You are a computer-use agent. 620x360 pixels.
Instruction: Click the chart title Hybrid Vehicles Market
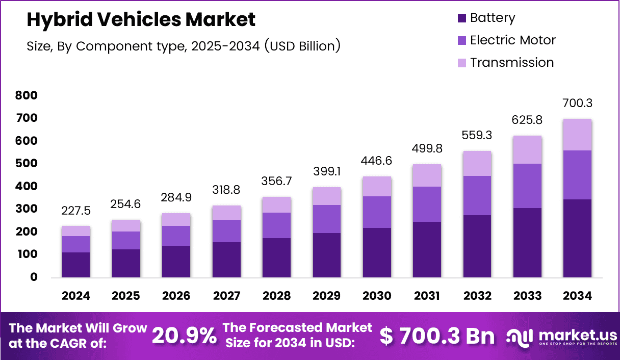(x=141, y=19)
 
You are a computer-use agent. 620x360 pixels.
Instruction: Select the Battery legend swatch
(x=462, y=18)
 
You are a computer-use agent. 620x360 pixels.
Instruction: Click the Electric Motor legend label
(x=512, y=40)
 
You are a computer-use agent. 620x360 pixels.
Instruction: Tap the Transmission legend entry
(x=511, y=62)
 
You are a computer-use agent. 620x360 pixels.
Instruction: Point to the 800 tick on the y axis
(x=27, y=95)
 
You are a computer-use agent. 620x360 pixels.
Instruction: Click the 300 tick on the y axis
(x=27, y=209)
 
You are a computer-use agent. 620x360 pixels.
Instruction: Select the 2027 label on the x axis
(x=226, y=296)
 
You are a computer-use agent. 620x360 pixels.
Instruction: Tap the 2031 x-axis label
(x=427, y=296)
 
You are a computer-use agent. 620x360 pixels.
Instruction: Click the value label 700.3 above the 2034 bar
(x=578, y=104)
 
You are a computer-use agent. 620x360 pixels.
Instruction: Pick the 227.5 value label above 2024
(x=76, y=211)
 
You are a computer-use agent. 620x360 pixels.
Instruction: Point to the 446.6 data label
(x=377, y=161)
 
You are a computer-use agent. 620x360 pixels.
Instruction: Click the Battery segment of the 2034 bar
(x=578, y=238)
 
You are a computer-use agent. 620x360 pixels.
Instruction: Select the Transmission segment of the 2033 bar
(x=527, y=149)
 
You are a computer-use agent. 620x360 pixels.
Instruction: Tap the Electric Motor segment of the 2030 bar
(x=377, y=212)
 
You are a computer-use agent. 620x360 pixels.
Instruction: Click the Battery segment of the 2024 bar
(x=76, y=265)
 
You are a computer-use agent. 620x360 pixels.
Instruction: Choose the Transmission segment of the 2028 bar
(x=276, y=204)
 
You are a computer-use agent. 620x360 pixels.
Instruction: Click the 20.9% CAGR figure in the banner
(x=184, y=336)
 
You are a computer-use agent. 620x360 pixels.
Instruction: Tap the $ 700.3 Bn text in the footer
(x=437, y=336)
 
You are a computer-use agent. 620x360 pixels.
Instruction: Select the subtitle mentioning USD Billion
(x=184, y=46)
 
